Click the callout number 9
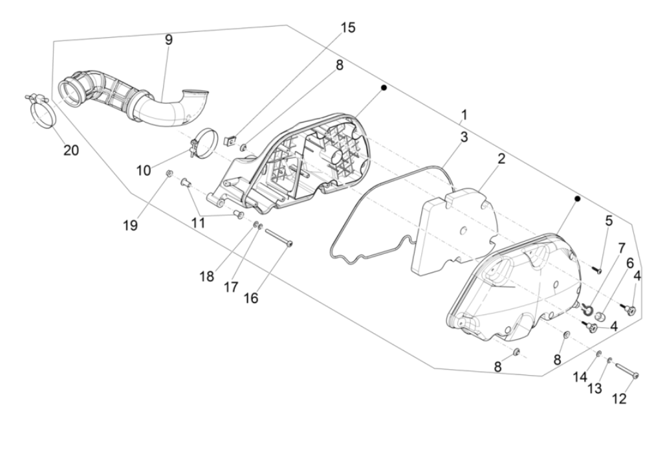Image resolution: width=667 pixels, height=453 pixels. click(168, 40)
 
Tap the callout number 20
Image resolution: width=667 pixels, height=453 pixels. click(71, 151)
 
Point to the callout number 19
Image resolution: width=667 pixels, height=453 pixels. click(130, 225)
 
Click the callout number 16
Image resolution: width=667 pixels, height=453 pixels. click(251, 298)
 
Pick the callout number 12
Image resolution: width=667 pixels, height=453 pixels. click(618, 399)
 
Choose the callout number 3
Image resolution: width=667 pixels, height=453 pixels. click(463, 137)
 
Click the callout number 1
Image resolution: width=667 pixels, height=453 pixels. click(463, 115)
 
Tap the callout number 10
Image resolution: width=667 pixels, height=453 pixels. click(144, 171)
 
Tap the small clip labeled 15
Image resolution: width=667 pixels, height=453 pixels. click(230, 140)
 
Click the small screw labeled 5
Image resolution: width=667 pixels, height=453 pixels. click(597, 270)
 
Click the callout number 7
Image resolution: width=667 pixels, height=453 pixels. click(621, 248)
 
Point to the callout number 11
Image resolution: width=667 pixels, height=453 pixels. click(198, 222)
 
